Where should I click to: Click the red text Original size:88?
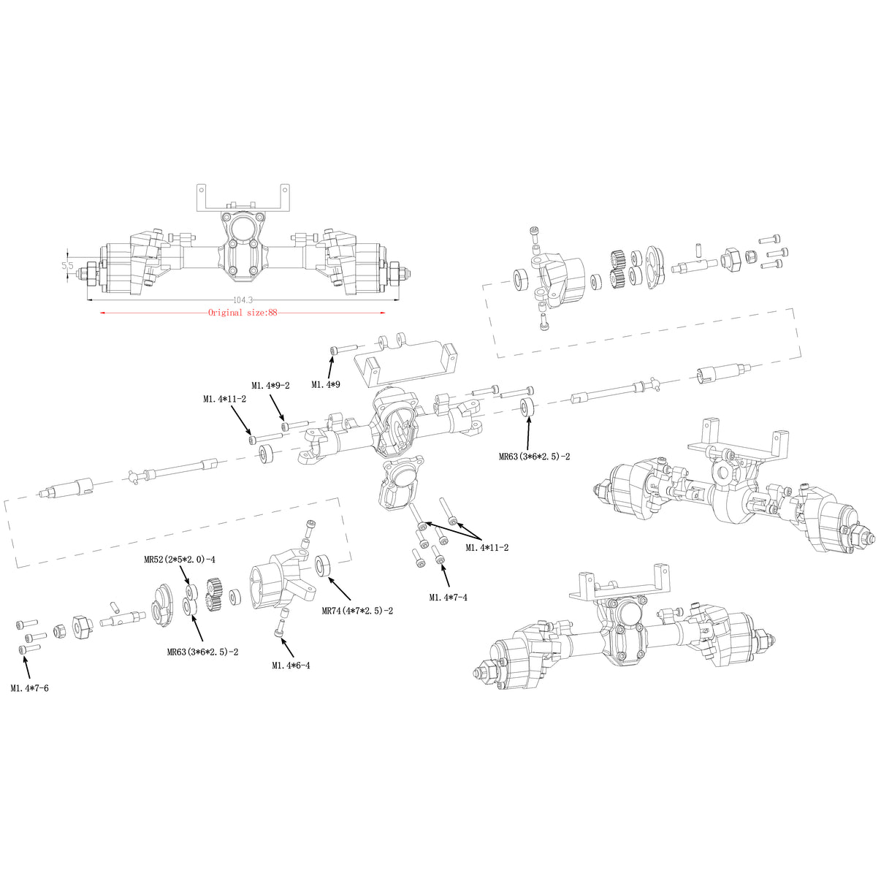click(243, 313)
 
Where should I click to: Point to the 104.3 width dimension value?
click(243, 300)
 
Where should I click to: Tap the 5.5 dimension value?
click(68, 266)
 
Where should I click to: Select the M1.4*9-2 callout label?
click(270, 386)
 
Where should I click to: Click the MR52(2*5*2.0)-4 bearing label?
click(179, 560)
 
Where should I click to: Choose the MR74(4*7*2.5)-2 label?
click(357, 610)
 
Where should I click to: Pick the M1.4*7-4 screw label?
click(448, 597)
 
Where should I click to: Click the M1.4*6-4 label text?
click(291, 665)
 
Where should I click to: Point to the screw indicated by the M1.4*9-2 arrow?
click(286, 425)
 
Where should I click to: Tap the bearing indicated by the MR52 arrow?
click(190, 591)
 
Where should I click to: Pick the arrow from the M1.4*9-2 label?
click(278, 408)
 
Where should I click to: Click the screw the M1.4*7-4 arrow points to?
click(440, 559)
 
